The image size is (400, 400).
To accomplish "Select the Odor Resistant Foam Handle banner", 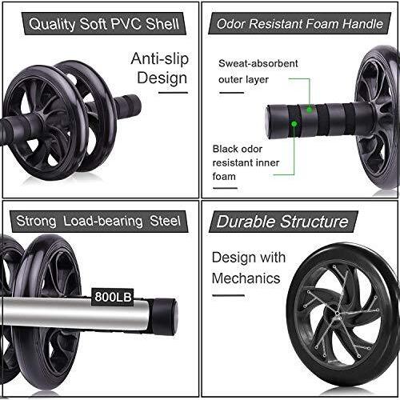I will pyautogui.click(x=300, y=23).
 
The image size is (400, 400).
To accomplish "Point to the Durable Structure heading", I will pyautogui.click(x=283, y=221).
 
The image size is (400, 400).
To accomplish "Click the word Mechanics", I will pyautogui.click(x=246, y=278).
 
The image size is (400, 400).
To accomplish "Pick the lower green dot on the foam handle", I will pyautogui.click(x=295, y=124).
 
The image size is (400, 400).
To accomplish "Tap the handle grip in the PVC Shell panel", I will pyautogui.click(x=126, y=106).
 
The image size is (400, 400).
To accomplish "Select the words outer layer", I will pyautogui.click(x=243, y=78).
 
